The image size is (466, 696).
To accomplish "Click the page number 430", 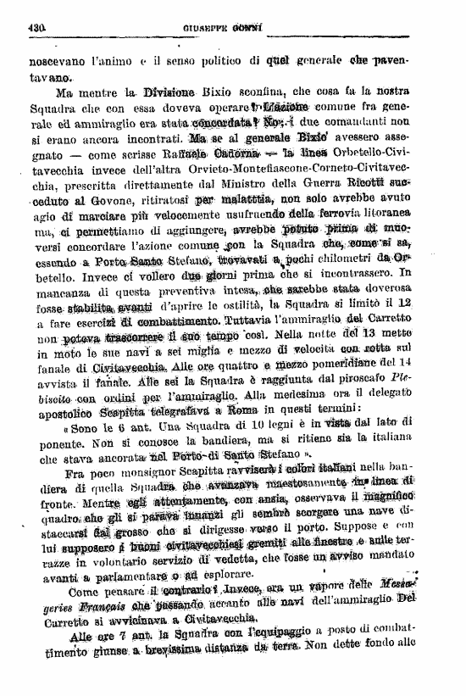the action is tap(36, 27).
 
